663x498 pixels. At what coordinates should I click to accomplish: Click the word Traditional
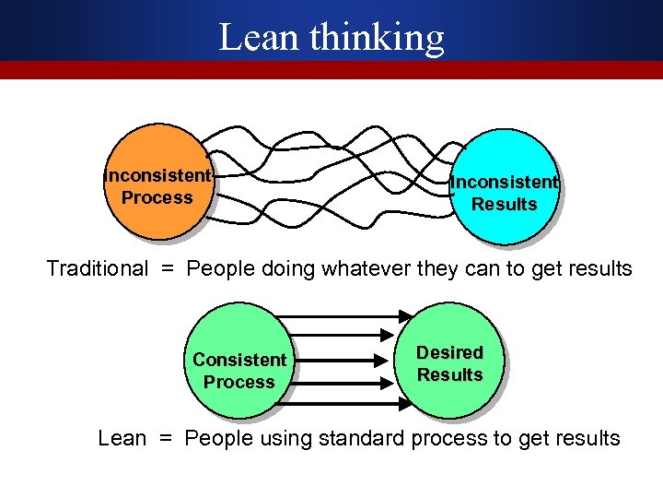(x=97, y=268)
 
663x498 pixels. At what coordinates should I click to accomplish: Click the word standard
(x=361, y=438)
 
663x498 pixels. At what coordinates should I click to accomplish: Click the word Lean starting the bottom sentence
(x=122, y=438)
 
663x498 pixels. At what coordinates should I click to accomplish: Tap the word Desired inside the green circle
(x=449, y=352)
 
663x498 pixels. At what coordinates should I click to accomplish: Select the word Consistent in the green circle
(x=239, y=360)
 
